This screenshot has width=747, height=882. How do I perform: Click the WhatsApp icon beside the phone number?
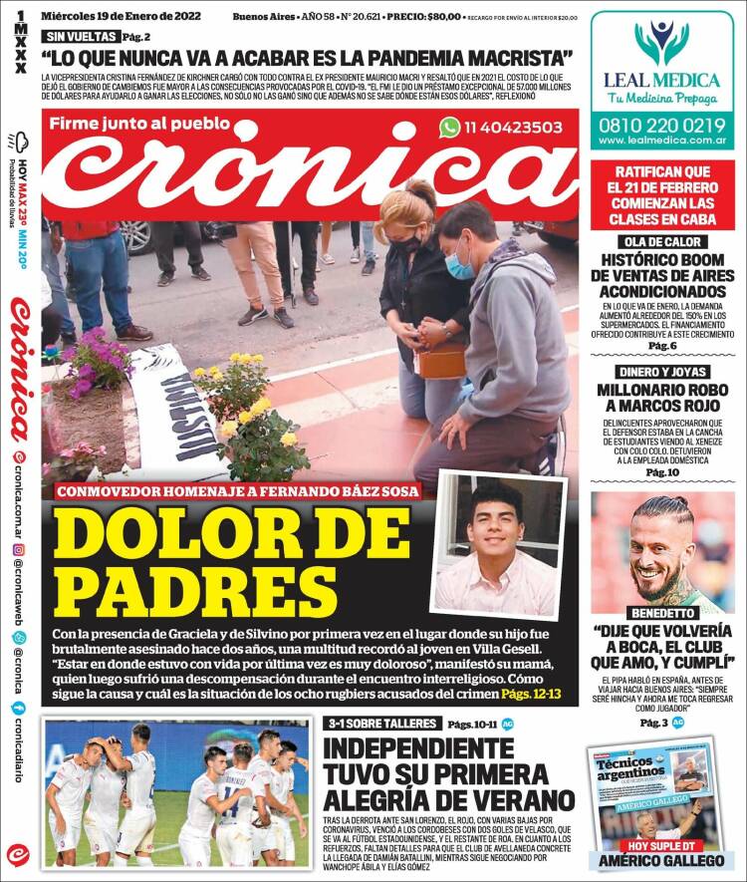[x=450, y=127]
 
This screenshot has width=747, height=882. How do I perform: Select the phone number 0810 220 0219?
[x=662, y=125]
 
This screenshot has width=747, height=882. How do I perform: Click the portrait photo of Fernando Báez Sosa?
[x=496, y=544]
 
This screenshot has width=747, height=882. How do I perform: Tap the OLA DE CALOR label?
[x=661, y=242]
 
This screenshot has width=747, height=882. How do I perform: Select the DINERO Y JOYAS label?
[x=661, y=371]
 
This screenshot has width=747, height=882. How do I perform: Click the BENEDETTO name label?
[x=661, y=613]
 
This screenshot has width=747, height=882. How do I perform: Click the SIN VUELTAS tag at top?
[x=77, y=36]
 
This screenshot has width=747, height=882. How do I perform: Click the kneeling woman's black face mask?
[x=405, y=243]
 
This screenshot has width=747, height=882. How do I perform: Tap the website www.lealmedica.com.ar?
[x=662, y=143]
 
